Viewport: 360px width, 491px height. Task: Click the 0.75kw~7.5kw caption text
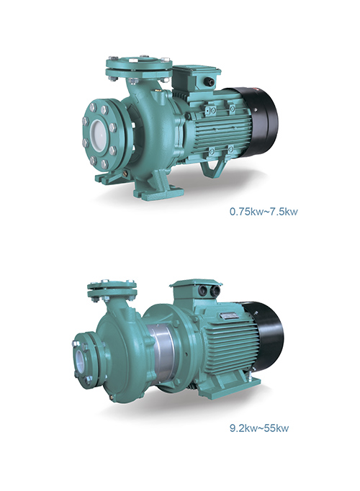point(264,212)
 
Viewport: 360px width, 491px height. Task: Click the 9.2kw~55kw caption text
point(259,428)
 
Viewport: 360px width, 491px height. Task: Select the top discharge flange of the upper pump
point(139,68)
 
